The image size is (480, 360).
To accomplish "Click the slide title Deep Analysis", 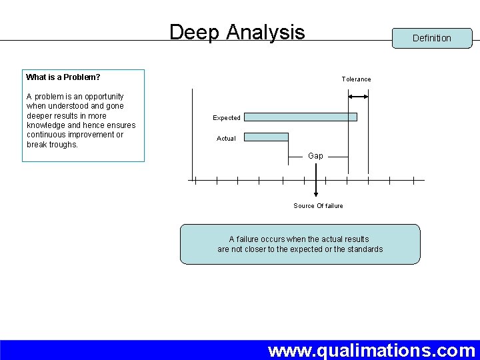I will (x=237, y=32).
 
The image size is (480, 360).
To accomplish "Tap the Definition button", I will (x=431, y=38).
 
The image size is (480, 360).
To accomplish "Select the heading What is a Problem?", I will (x=63, y=77).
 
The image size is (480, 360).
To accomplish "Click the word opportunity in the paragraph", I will (x=101, y=97).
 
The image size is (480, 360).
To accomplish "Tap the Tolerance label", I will (x=356, y=79).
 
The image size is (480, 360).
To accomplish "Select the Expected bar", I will (x=300, y=117).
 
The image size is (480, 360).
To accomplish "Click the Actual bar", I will (x=266, y=137).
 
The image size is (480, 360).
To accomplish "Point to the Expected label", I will (x=227, y=118).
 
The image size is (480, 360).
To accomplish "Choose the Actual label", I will (x=226, y=139).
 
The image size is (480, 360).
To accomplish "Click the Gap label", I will (x=315, y=156).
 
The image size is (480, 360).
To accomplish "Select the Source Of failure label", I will (x=318, y=206).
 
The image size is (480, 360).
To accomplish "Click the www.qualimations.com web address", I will (x=371, y=350).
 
